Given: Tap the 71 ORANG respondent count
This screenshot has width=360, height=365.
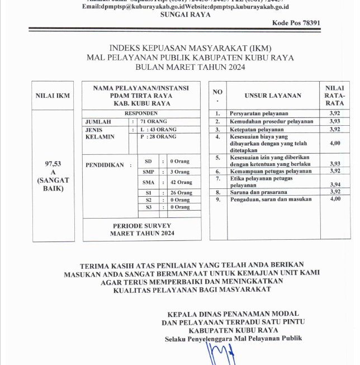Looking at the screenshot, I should point(154,121).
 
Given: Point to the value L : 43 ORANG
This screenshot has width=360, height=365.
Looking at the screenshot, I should point(158,129).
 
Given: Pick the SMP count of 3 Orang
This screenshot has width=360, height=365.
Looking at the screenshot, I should point(180,172).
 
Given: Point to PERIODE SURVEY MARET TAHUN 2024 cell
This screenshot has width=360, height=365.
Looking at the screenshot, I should point(141,229).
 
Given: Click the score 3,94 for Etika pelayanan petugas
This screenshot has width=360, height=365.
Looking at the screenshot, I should point(335,184).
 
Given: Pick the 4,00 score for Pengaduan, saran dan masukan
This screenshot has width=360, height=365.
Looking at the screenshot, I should point(335,199).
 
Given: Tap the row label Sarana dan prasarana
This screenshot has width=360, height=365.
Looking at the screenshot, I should point(259,192).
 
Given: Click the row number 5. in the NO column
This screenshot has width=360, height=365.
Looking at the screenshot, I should point(218,158).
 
